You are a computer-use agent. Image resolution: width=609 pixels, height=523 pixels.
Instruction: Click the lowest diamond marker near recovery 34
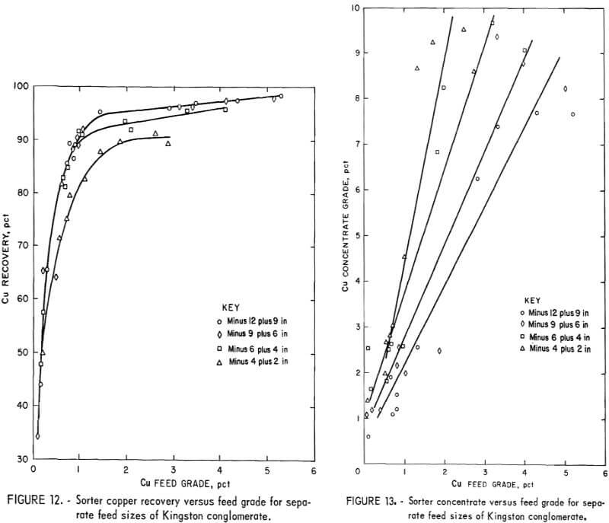tap(37, 436)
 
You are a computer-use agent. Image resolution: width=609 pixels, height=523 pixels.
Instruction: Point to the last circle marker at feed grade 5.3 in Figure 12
tap(281, 97)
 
